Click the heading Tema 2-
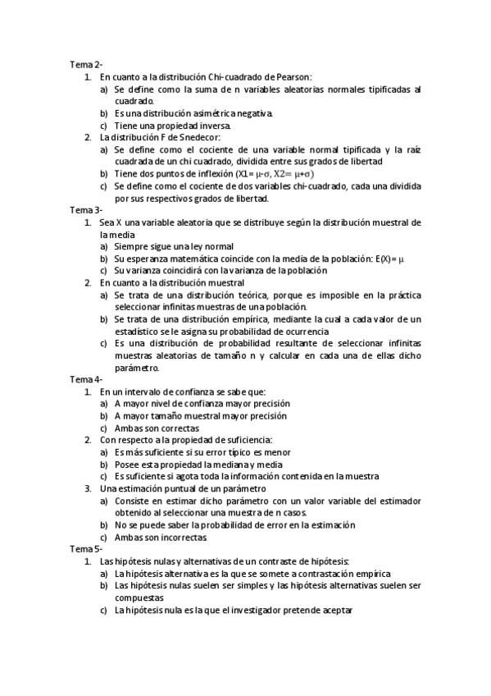tap(86, 64)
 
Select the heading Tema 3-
tap(86, 210)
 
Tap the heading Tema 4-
tap(86, 380)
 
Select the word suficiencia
tap(248, 440)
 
